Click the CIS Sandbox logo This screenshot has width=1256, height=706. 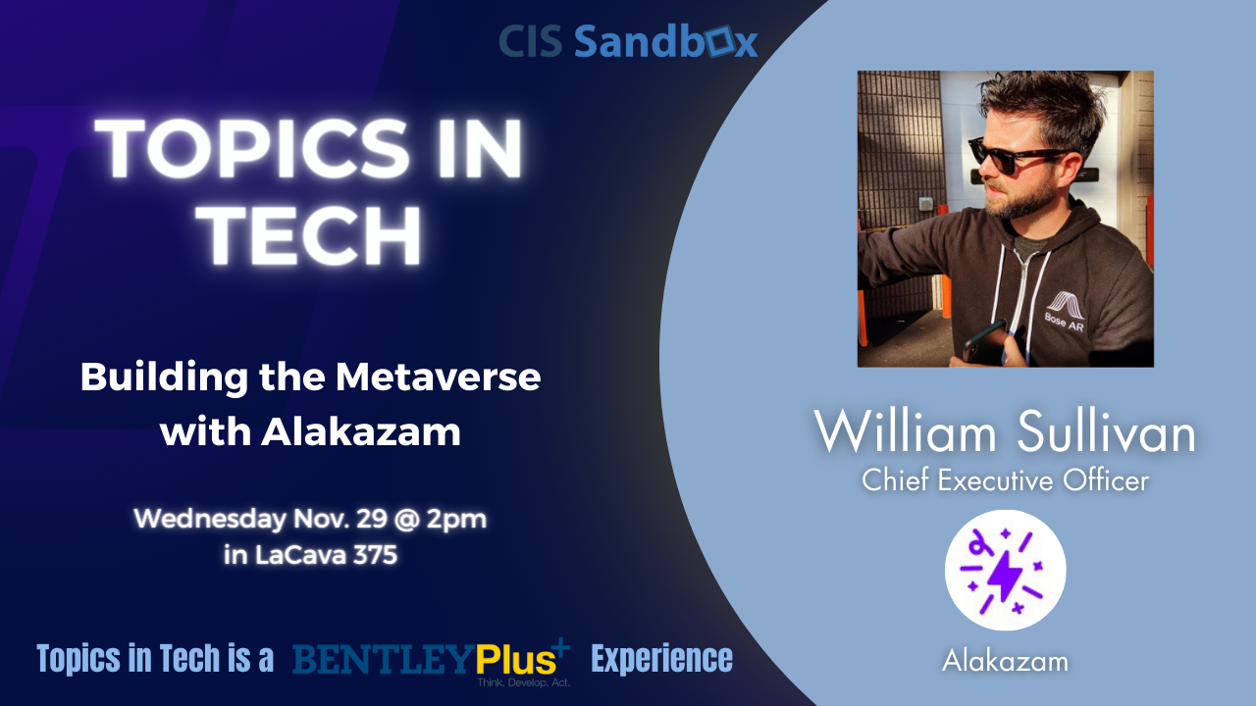click(628, 41)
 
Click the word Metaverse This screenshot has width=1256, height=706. click(438, 377)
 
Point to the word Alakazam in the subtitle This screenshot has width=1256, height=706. click(361, 431)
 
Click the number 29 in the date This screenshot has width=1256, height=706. click(371, 519)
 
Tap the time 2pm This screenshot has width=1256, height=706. click(456, 519)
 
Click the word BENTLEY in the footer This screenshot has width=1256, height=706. click(384, 660)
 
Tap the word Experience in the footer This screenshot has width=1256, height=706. click(661, 659)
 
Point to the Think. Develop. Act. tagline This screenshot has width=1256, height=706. click(524, 682)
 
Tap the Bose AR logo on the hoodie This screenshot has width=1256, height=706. click(1066, 311)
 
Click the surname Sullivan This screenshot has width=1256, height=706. click(1106, 432)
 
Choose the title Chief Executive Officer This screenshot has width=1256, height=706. click(1006, 480)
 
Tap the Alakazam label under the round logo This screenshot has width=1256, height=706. click(1005, 661)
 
